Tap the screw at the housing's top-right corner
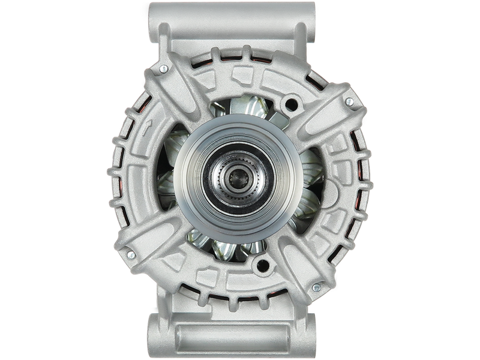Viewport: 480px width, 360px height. point(348,102)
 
